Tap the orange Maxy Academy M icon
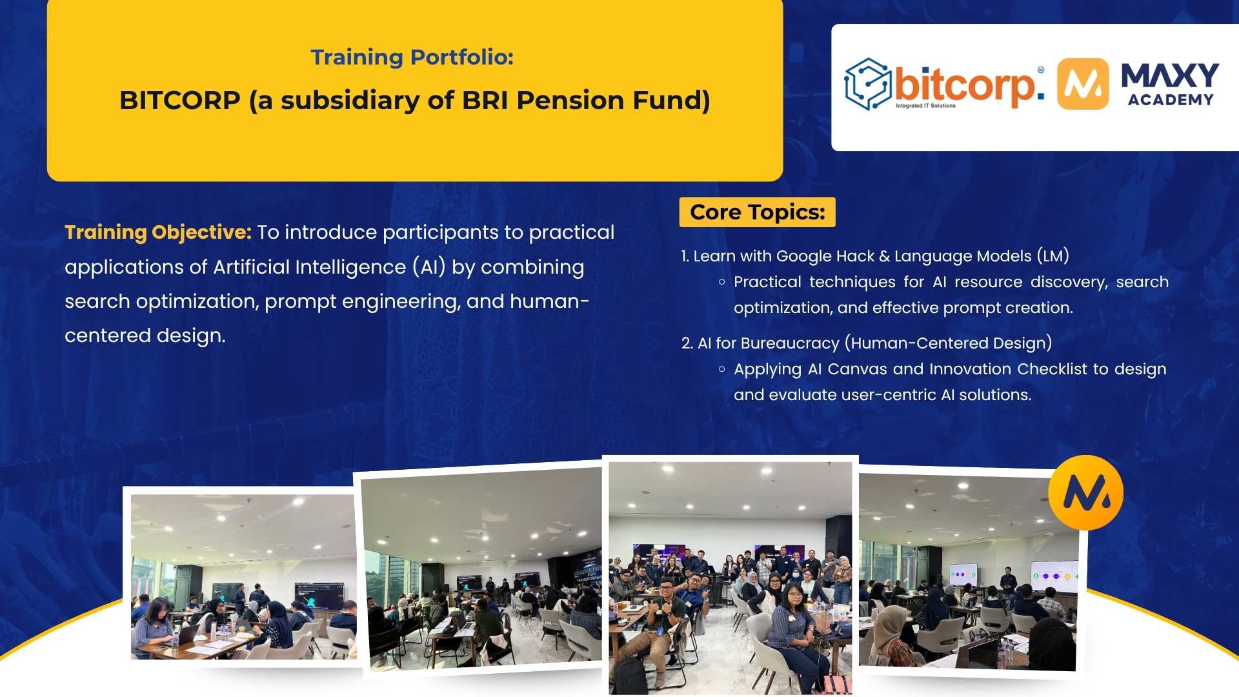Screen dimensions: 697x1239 pyautogui.click(x=1083, y=84)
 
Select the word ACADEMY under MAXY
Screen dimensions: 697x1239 pyautogui.click(x=1170, y=100)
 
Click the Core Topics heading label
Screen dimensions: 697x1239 pyautogui.click(x=757, y=212)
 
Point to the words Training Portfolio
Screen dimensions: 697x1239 pyautogui.click(x=412, y=57)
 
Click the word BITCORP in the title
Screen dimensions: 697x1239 pyautogui.click(x=179, y=101)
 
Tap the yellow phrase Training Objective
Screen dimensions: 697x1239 pyautogui.click(x=157, y=232)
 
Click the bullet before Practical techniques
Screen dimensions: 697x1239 pyautogui.click(x=721, y=282)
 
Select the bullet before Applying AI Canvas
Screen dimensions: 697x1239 pyautogui.click(x=721, y=369)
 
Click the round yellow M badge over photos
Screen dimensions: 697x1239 pyautogui.click(x=1085, y=492)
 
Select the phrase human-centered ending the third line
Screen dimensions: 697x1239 pyautogui.click(x=549, y=301)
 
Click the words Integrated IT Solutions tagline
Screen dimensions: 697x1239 pyautogui.click(x=925, y=106)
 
